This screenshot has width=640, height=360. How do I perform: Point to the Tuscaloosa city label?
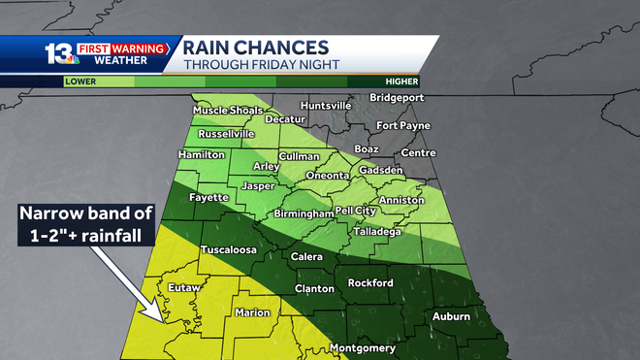pyautogui.click(x=228, y=249)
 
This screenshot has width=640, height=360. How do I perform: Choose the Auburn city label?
pyautogui.click(x=451, y=316)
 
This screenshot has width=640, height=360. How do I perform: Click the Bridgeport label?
pyautogui.click(x=405, y=99)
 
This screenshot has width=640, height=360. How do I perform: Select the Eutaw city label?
pyautogui.click(x=183, y=288)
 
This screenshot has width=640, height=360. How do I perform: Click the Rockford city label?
pyautogui.click(x=371, y=282)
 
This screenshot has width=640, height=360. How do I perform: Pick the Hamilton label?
pyautogui.click(x=202, y=154)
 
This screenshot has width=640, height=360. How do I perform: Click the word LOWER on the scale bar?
pyautogui.click(x=80, y=82)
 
